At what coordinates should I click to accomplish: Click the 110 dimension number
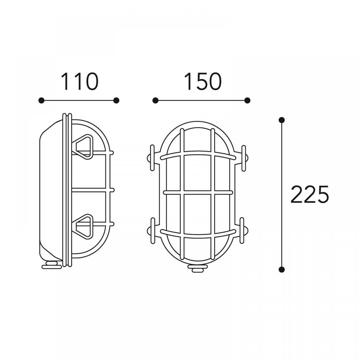(x=80, y=81)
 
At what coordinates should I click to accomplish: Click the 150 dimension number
(x=202, y=81)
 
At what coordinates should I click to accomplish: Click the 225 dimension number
(x=310, y=194)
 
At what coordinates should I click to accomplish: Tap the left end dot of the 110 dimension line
(x=41, y=100)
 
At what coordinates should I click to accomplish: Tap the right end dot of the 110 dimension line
(x=116, y=100)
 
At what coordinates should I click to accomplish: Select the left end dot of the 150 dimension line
(x=156, y=100)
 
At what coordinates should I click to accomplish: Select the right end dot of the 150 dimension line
(x=247, y=100)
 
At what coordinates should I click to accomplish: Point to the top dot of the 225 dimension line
(x=282, y=120)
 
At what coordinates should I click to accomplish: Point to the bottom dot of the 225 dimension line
(x=282, y=269)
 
